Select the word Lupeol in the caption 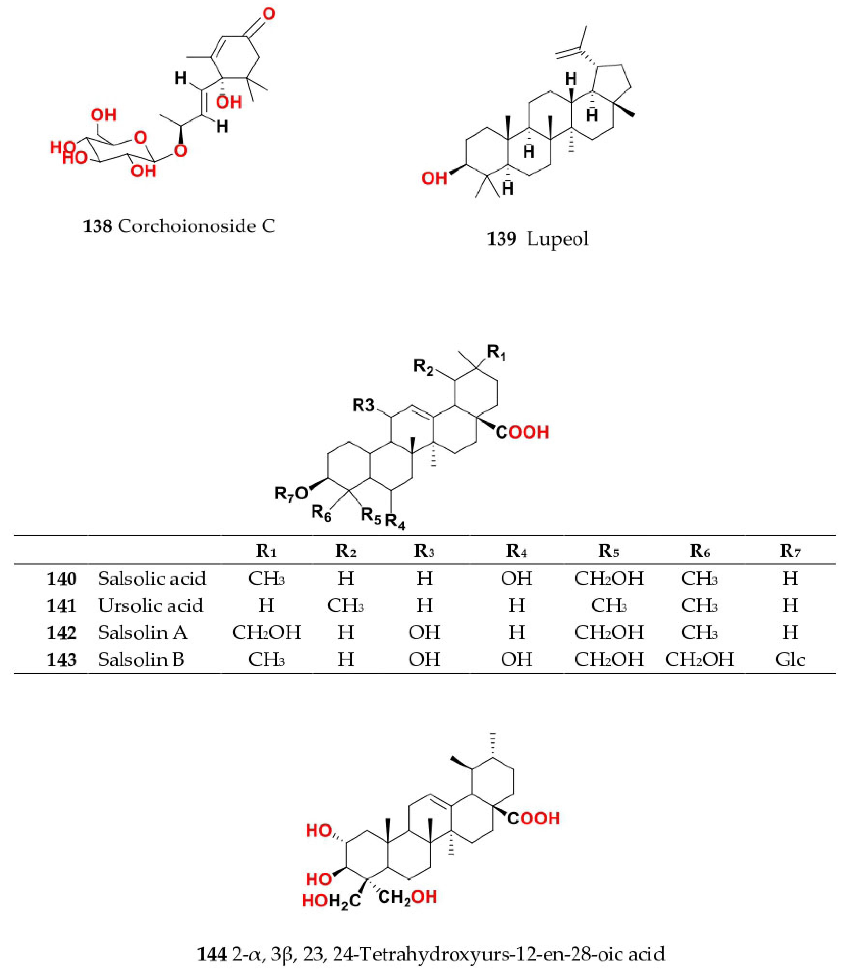558,239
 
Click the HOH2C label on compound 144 331,901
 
